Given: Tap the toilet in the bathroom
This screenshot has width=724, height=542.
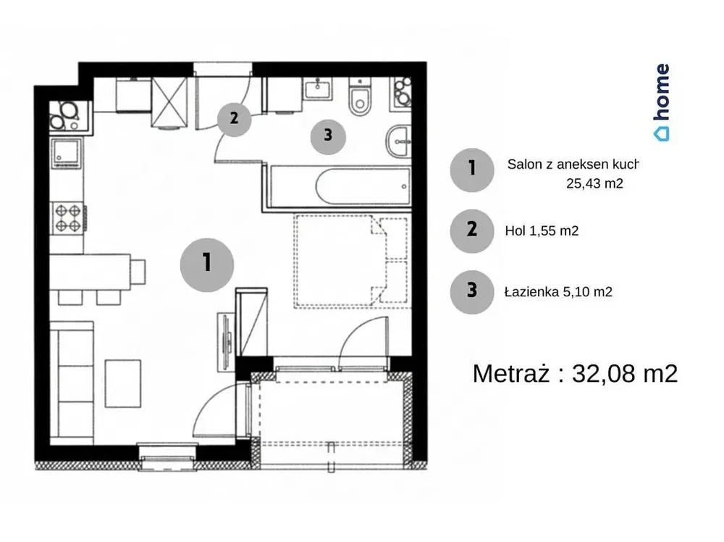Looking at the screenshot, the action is [x=360, y=97].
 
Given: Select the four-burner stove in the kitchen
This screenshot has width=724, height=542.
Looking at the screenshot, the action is [x=68, y=218].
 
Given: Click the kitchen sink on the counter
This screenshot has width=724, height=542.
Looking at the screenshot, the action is [x=67, y=153].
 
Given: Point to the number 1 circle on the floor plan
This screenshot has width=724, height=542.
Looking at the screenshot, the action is [x=207, y=264].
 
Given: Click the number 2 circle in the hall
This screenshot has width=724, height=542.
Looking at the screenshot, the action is [x=234, y=120].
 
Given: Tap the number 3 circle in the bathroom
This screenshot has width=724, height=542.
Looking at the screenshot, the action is [x=328, y=136].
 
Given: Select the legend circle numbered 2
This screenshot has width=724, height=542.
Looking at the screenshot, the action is [x=472, y=230].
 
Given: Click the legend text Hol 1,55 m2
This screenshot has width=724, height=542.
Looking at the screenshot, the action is [x=542, y=230].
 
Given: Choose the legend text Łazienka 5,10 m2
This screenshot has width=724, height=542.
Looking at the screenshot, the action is [x=558, y=291].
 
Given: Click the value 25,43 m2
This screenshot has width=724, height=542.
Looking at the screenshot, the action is [x=594, y=183].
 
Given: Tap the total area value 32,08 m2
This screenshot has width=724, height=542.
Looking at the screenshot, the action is [x=625, y=373].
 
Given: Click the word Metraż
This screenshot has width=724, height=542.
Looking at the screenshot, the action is [x=511, y=372].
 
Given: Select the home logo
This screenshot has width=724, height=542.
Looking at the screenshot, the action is [x=662, y=102].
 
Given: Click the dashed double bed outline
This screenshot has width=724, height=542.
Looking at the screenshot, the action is [x=353, y=261].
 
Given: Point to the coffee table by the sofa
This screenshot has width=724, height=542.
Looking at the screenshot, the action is [x=123, y=383].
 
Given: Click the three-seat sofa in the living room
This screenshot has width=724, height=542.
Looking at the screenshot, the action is [x=72, y=383].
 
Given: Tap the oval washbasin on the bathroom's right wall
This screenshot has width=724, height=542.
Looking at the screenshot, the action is [x=398, y=141].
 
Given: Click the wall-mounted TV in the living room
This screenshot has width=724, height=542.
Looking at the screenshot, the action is [x=225, y=342].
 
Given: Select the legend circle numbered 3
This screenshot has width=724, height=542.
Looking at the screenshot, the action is [x=472, y=292].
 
